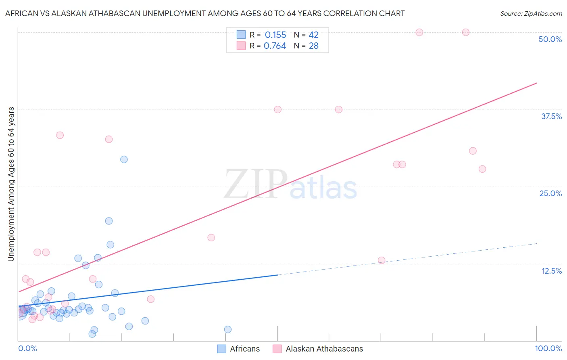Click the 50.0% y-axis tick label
coord(550,39)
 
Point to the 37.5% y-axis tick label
coord(551,116)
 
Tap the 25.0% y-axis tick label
coord(550,193)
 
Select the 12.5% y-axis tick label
coord(551,271)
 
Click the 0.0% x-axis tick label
coord(27,348)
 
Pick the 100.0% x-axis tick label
coord(548,348)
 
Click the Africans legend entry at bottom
coord(244,349)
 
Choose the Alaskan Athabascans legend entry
coord(324,349)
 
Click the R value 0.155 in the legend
coord(275,35)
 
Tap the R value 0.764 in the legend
coord(275,46)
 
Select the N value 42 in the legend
coord(313,35)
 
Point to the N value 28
coord(313,46)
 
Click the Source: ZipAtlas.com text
coord(531,14)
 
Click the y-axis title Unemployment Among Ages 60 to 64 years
coord(11,184)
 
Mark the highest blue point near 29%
coord(124,159)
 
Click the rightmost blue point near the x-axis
coord(228,329)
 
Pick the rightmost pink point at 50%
coord(466,32)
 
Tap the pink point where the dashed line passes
coord(381,260)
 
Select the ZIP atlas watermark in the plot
coord(290,185)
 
